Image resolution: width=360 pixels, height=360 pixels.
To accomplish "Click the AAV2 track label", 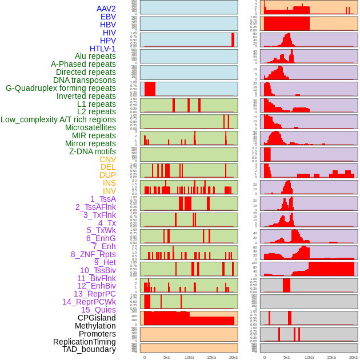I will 106,9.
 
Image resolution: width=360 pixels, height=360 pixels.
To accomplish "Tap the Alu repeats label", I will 95,57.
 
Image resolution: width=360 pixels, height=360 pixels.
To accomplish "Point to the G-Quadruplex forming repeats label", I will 61,88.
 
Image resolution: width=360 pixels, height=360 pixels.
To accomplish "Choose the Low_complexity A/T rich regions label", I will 58,120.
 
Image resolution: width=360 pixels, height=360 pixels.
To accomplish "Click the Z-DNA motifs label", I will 92,151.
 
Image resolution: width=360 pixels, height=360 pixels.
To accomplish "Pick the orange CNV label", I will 107,159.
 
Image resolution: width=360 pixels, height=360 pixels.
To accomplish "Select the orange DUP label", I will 107,175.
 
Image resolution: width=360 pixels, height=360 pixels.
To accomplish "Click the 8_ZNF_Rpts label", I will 93,254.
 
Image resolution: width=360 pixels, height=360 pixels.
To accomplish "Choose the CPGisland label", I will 97,318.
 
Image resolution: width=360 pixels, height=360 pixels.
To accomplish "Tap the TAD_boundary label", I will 89,349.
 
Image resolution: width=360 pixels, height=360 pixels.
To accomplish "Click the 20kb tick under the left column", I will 233,357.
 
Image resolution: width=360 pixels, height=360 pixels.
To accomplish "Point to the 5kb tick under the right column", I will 287,357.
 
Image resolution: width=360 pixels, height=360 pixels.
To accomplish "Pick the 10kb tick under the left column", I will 189,357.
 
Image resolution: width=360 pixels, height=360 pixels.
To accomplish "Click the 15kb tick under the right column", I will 331,357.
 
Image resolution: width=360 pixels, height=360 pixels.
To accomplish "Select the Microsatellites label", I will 90,127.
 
